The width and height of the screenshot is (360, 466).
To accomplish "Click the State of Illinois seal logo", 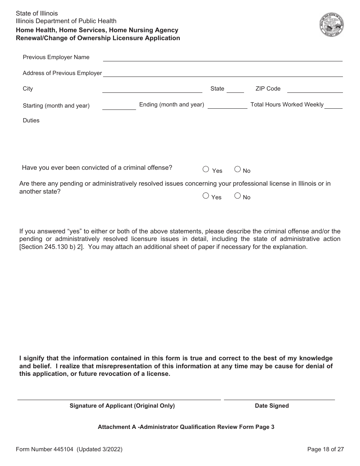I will click(x=331, y=25).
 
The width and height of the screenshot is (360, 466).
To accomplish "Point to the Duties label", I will click(x=31, y=120).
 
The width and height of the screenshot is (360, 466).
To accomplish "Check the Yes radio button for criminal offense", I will click(x=206, y=169).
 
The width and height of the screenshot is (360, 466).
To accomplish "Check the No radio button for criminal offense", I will click(x=238, y=169).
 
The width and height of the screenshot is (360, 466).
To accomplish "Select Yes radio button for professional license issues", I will click(x=206, y=196).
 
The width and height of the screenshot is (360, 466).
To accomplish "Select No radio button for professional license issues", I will click(x=238, y=196).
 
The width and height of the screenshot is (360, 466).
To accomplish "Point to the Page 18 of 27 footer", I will click(x=326, y=449).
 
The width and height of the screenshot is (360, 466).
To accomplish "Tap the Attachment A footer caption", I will click(x=186, y=427).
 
